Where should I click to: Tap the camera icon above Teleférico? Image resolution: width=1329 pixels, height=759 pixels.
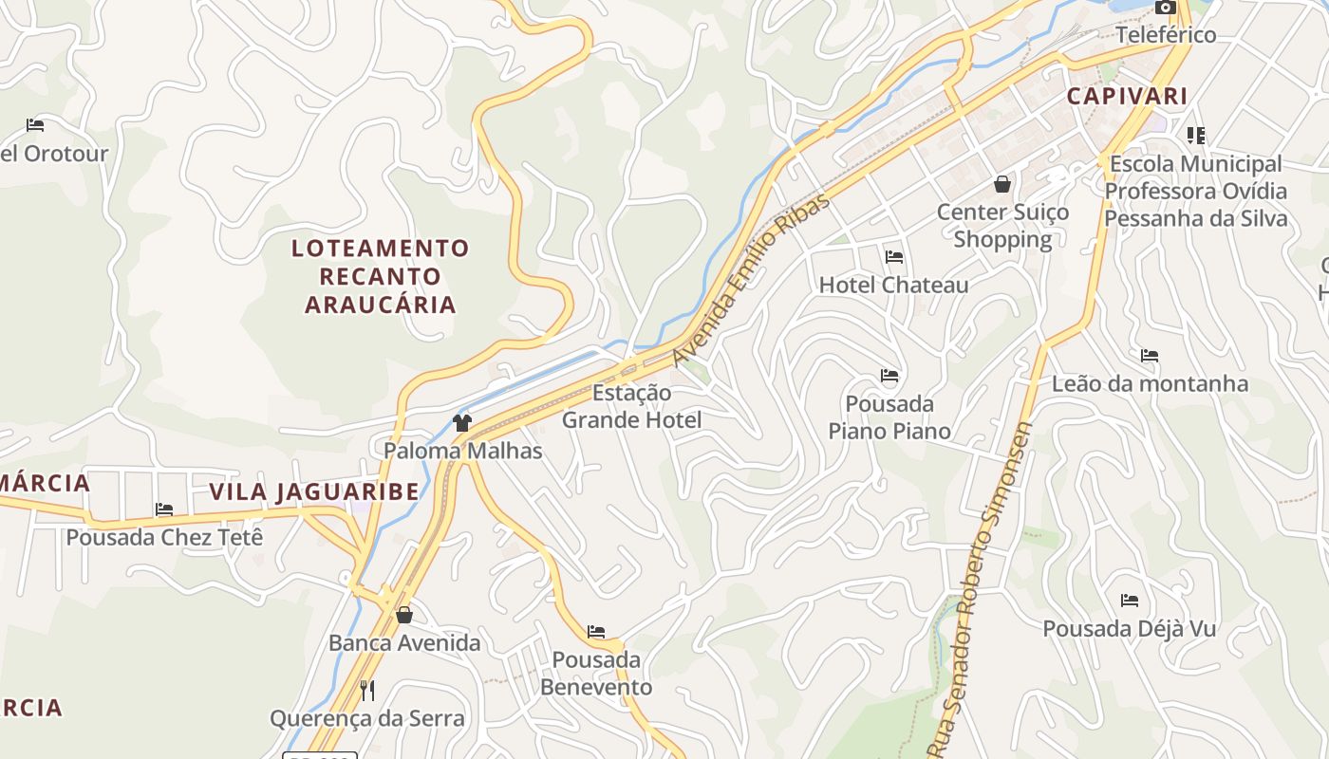coord(1165,8)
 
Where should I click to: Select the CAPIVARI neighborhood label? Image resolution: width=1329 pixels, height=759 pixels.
coord(1127,96)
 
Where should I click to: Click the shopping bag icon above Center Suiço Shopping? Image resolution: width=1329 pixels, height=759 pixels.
coord(1002,184)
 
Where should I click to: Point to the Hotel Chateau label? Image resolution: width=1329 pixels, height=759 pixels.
coord(893,285)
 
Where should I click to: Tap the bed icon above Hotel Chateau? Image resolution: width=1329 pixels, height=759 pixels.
coord(893,256)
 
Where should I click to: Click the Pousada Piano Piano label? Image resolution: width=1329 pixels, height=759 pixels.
coord(889,417)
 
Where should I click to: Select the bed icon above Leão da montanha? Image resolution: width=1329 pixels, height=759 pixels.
coord(1150,356)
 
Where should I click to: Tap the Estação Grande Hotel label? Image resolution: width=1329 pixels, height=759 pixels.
coord(631,406)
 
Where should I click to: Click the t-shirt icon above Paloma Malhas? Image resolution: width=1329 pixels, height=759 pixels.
coord(462,423)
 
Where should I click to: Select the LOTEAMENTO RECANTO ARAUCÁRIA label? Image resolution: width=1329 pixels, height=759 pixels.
coord(380,276)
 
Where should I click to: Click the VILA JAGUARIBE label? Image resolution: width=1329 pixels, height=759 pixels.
coord(313,491)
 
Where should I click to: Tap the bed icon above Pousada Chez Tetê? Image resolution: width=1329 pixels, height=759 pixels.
coord(164,509)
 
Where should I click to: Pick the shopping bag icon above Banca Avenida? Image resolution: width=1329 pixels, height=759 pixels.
coord(404,615)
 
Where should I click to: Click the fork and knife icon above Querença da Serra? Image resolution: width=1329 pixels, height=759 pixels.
coord(367,690)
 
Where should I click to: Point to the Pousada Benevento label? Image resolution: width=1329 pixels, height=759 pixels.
coord(596,673)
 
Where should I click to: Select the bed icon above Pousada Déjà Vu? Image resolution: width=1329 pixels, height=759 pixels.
coord(1129,601)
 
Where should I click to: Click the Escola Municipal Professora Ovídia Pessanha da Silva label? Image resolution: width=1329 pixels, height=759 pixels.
coord(1195,191)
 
